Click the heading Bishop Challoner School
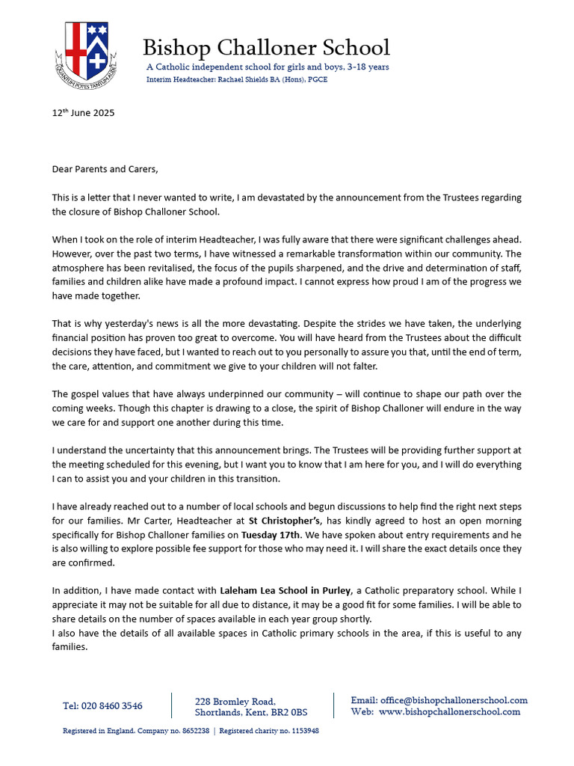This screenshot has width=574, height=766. (x=266, y=48)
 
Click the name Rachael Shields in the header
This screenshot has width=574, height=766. (x=233, y=79)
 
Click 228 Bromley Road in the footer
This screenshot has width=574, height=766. (x=235, y=702)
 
